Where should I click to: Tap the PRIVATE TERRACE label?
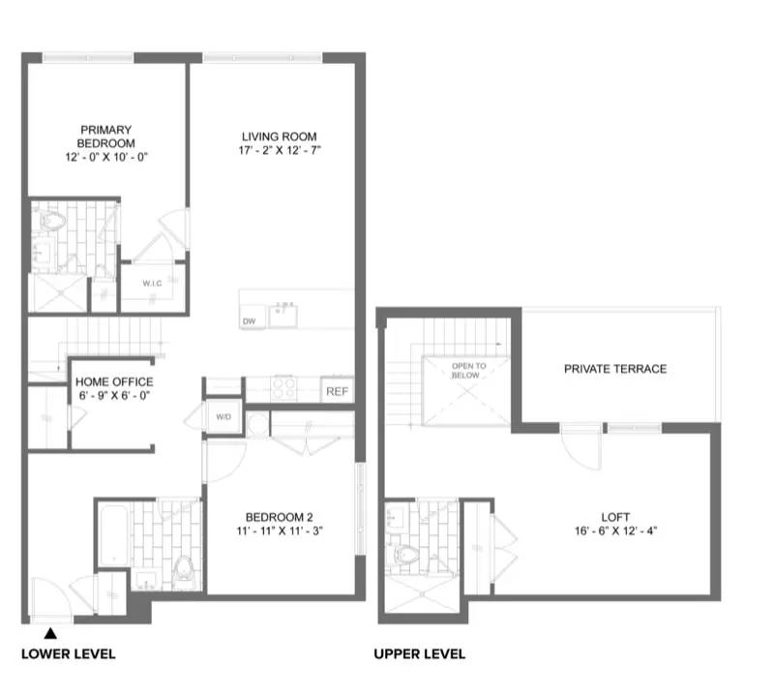(x=615, y=369)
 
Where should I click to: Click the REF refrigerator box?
(x=336, y=391)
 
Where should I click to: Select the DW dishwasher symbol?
(x=249, y=320)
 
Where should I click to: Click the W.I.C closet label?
(x=152, y=284)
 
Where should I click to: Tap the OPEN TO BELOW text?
(x=467, y=372)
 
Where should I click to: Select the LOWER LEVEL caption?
(x=68, y=654)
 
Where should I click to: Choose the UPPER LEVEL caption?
(x=420, y=654)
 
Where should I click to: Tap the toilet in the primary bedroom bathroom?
(x=53, y=222)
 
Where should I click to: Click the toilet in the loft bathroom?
(x=406, y=556)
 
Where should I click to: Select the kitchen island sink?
(x=283, y=313)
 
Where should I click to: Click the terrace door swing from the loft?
(x=579, y=447)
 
